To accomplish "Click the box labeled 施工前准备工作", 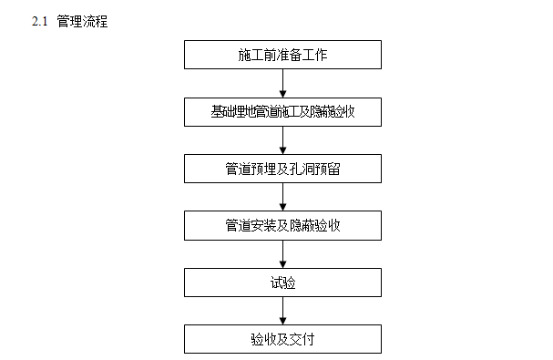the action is [282, 55].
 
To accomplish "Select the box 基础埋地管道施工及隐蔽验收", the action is [282, 111].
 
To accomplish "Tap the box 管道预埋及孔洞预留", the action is [282, 168].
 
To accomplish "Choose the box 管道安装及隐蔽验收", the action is [282, 225].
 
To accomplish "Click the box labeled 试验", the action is [282, 282].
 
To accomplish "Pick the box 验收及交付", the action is [282, 339].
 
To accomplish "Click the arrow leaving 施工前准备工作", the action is [282, 83].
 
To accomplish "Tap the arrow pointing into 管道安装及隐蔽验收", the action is [282, 197].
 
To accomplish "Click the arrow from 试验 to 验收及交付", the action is [282, 311].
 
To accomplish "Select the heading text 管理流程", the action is [82, 21].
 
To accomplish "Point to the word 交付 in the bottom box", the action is [302, 339].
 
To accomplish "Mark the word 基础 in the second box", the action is [221, 111].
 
